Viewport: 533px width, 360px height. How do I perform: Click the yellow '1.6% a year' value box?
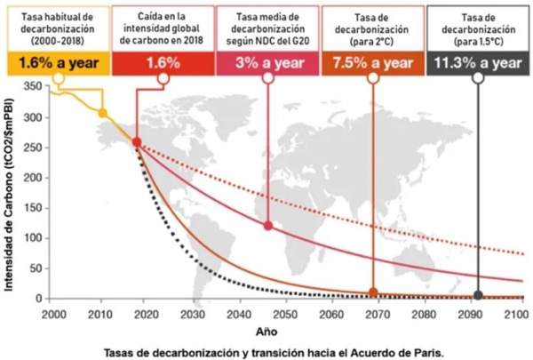(x=59, y=63)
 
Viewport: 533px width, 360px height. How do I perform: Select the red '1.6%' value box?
(x=163, y=63)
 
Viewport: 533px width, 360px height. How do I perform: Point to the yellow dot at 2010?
(x=103, y=113)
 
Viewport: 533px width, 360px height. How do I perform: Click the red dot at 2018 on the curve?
(x=137, y=142)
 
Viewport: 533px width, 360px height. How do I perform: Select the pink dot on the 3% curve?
(x=268, y=226)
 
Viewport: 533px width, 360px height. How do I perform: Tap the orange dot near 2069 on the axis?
(x=373, y=292)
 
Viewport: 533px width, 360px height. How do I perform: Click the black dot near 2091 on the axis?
(x=479, y=295)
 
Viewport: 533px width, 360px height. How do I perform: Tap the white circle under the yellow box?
(x=59, y=78)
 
